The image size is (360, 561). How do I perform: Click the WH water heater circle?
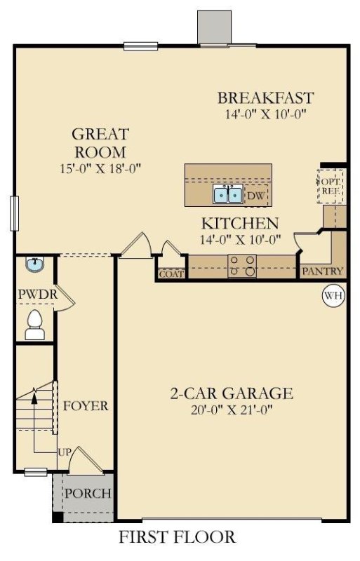tap(333, 295)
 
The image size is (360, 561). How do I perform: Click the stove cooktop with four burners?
tap(243, 266)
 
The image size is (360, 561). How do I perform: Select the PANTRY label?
tap(323, 271)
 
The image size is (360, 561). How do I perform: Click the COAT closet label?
tap(171, 274)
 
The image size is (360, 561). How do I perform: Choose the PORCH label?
tap(88, 493)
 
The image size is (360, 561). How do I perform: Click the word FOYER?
tap(86, 406)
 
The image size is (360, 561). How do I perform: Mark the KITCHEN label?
tap(240, 224)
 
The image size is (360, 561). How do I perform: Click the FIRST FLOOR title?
tap(177, 538)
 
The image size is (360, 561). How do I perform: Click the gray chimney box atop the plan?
tap(214, 27)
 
